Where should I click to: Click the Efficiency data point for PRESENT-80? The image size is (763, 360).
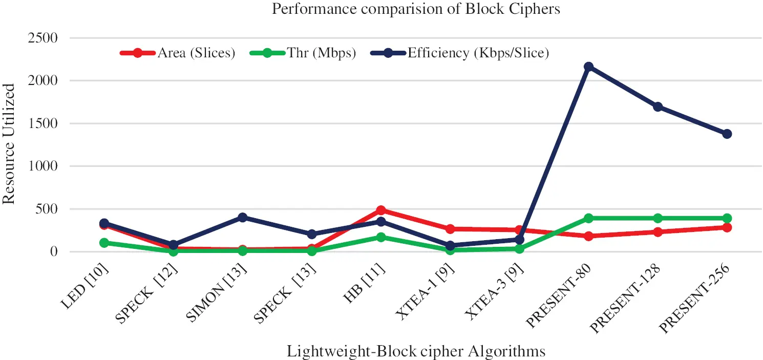click(588, 67)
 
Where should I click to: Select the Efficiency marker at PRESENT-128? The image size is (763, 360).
click(658, 107)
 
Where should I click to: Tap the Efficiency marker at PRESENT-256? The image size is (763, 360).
click(727, 134)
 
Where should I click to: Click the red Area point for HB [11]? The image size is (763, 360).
click(380, 210)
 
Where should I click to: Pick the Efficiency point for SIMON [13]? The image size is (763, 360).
click(242, 218)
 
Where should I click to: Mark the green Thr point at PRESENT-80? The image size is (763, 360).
click(588, 218)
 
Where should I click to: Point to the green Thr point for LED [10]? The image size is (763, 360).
click(104, 243)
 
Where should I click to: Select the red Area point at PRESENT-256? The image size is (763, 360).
click(727, 227)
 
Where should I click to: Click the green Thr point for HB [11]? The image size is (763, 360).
click(380, 237)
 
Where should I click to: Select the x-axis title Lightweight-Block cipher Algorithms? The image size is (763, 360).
click(415, 351)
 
